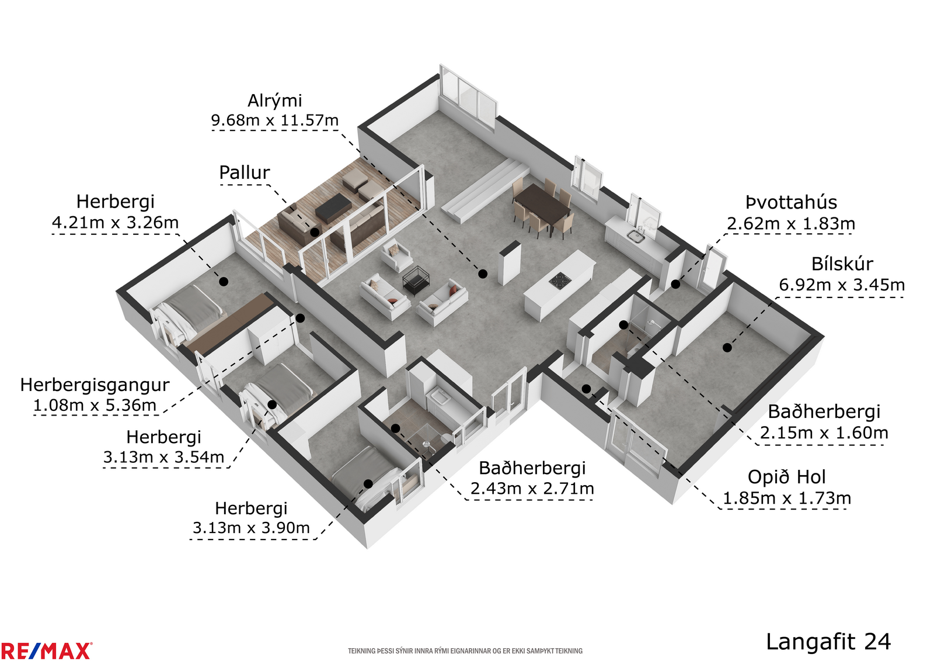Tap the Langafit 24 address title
click(x=828, y=641)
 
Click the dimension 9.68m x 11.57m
click(x=275, y=120)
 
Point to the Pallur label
click(x=245, y=172)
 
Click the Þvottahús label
click(x=791, y=203)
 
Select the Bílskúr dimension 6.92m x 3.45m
click(x=842, y=285)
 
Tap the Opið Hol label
click(x=786, y=477)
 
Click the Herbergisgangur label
click(x=95, y=385)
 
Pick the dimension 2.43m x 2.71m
click(x=532, y=488)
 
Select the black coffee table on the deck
click(x=333, y=207)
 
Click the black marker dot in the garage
click(x=727, y=347)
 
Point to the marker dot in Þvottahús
click(x=675, y=285)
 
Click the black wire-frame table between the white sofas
click(x=416, y=280)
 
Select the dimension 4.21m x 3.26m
click(x=115, y=223)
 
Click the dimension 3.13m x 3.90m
click(x=251, y=528)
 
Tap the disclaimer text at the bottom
click(x=465, y=651)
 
